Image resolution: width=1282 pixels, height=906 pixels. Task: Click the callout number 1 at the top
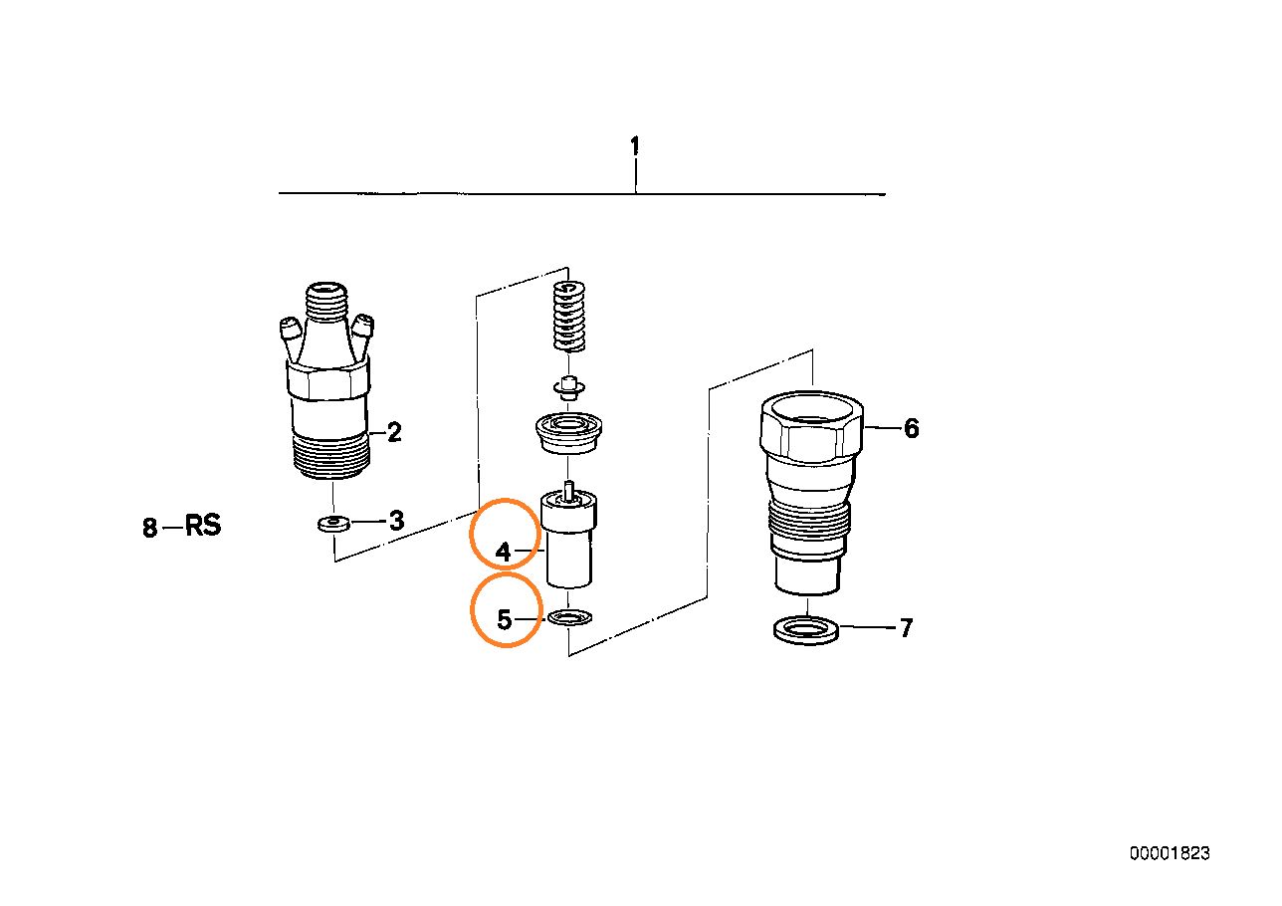634,146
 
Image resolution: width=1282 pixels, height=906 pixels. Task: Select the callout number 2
394,432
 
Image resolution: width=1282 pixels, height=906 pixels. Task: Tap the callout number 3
396,521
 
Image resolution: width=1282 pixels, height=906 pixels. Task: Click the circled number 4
503,552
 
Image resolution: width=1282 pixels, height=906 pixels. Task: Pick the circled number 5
504,619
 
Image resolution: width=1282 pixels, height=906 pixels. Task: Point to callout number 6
911,428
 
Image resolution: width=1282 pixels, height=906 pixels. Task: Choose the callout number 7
906,628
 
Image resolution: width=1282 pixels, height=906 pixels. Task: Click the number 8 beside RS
149,527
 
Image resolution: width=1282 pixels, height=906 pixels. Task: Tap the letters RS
203,525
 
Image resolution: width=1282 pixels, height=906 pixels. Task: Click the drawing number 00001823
1170,853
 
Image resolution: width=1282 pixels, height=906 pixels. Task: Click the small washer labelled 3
333,523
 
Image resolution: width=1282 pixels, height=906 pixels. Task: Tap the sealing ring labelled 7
806,630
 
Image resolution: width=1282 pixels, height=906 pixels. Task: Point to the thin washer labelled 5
570,617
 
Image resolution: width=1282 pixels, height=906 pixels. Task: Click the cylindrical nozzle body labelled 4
568,539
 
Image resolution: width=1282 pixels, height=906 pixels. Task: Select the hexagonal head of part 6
811,426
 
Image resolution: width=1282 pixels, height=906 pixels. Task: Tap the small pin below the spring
568,387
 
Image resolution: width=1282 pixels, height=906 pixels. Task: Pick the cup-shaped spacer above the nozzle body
568,433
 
